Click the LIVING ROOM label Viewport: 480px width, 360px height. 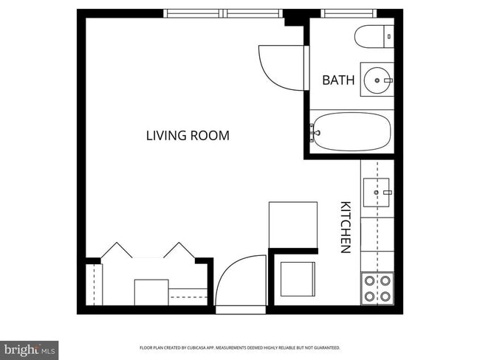tap(188, 136)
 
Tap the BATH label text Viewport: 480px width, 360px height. tap(338, 80)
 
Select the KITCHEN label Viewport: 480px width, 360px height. tap(345, 227)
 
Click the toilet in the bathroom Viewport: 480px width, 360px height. tap(374, 35)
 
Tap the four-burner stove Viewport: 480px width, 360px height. tap(377, 288)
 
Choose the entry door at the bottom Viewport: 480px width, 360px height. tap(241, 284)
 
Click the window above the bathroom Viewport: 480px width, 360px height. tap(349, 13)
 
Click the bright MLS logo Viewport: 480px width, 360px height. tap(30, 349)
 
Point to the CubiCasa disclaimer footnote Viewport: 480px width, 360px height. tap(240, 347)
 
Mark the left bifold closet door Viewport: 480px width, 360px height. tap(115, 250)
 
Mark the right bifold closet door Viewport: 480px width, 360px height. tap(179, 250)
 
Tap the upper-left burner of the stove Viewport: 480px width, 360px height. tap(368, 280)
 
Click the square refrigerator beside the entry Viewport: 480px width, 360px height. tap(298, 279)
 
